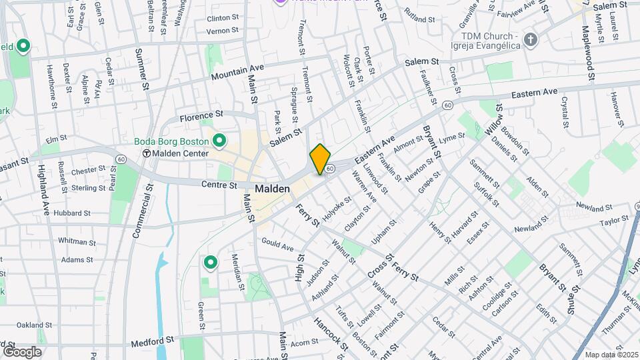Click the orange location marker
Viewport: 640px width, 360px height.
pyautogui.click(x=320, y=159)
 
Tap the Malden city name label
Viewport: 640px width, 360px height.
pyautogui.click(x=272, y=189)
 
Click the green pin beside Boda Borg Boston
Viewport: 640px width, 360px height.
pyautogui.click(x=218, y=141)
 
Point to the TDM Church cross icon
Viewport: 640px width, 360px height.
pyautogui.click(x=530, y=40)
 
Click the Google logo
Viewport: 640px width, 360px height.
pyautogui.click(x=22, y=351)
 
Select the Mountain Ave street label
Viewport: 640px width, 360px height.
pyautogui.click(x=238, y=71)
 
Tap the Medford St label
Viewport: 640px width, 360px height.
pyautogui.click(x=153, y=340)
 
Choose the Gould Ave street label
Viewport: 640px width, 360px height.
pyautogui.click(x=278, y=247)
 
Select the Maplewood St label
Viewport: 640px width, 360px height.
pyautogui.click(x=587, y=53)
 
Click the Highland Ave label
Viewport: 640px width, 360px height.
pyautogui.click(x=43, y=193)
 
